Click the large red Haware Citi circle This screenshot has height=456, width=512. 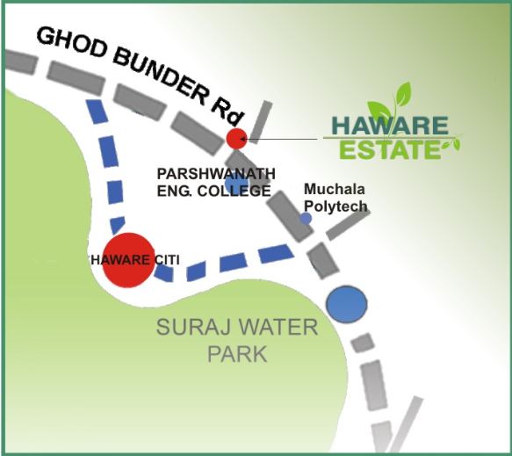[x=128, y=260]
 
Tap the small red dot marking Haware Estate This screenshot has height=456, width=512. [x=235, y=138]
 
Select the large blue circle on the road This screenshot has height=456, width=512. [x=346, y=304]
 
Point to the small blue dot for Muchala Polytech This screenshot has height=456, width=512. [x=306, y=217]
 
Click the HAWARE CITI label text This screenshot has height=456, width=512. [x=129, y=259]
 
